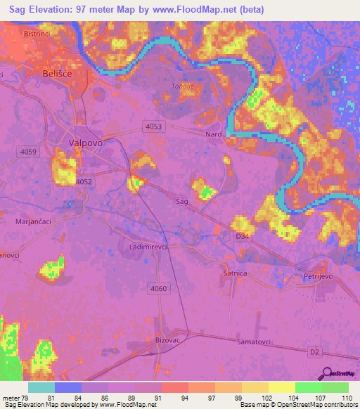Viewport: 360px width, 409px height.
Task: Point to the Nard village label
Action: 214,134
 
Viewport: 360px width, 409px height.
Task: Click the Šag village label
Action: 182,201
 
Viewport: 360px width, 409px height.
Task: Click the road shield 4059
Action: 30,152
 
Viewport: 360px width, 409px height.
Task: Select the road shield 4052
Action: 84,181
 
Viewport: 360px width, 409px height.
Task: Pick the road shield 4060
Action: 159,288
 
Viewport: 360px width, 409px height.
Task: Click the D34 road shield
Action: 243,236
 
